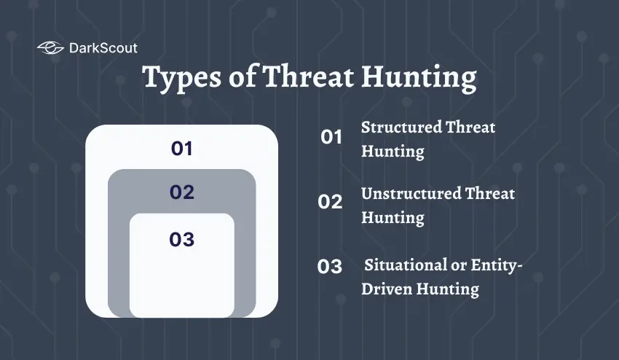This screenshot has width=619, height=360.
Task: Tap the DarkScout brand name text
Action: pos(103,49)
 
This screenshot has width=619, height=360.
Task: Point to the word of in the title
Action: pos(241,78)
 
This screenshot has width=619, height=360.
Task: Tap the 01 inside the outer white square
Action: pos(181,149)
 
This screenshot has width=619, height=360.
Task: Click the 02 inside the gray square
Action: pos(181,192)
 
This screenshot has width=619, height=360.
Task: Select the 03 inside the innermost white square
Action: pos(181,239)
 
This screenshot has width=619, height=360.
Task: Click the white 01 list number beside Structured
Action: pos(331,137)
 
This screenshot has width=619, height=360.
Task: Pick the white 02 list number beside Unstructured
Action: pos(330,202)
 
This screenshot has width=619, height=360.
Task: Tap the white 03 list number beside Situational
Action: pos(330,267)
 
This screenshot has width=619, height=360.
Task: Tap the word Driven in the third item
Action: pos(387,289)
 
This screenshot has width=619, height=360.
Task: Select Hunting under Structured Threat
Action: pos(393,152)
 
